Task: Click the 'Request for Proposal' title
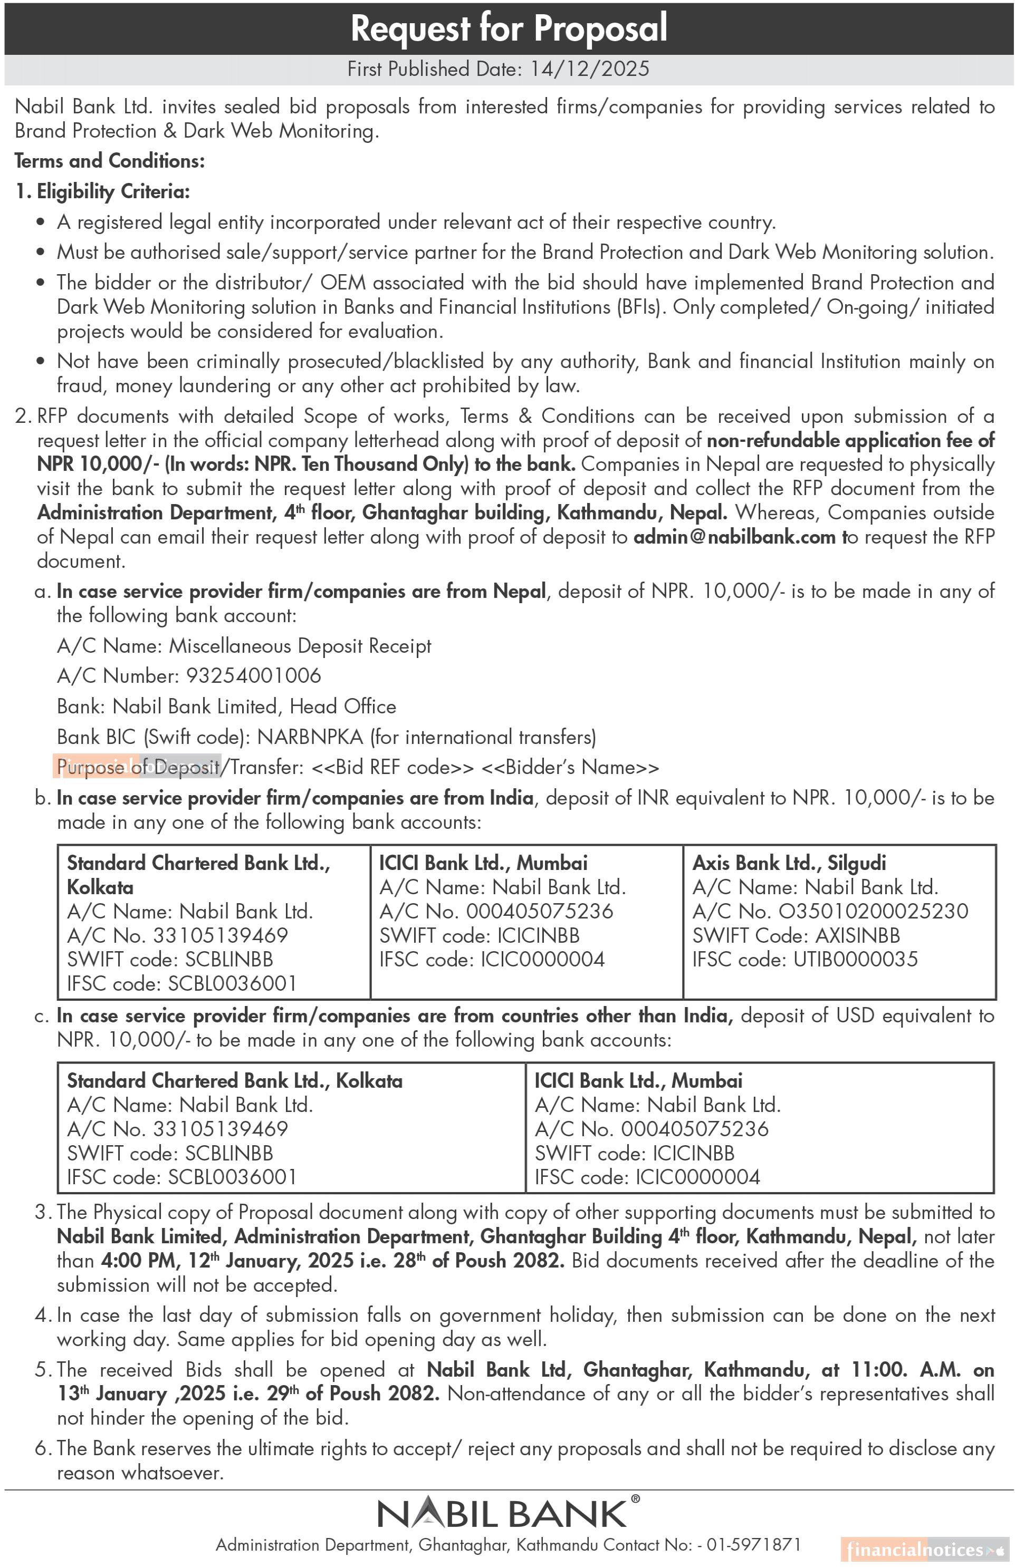click(509, 28)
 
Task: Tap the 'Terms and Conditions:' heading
click(109, 161)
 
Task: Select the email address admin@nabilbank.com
click(734, 537)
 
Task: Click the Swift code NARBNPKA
click(310, 737)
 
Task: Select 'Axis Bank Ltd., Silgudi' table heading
click(789, 863)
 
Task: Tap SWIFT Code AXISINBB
click(857, 935)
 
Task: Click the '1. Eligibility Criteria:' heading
click(103, 191)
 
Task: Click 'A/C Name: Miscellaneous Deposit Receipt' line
click(244, 646)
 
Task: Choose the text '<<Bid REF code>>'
click(392, 768)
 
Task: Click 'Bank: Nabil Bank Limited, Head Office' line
click(226, 707)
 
